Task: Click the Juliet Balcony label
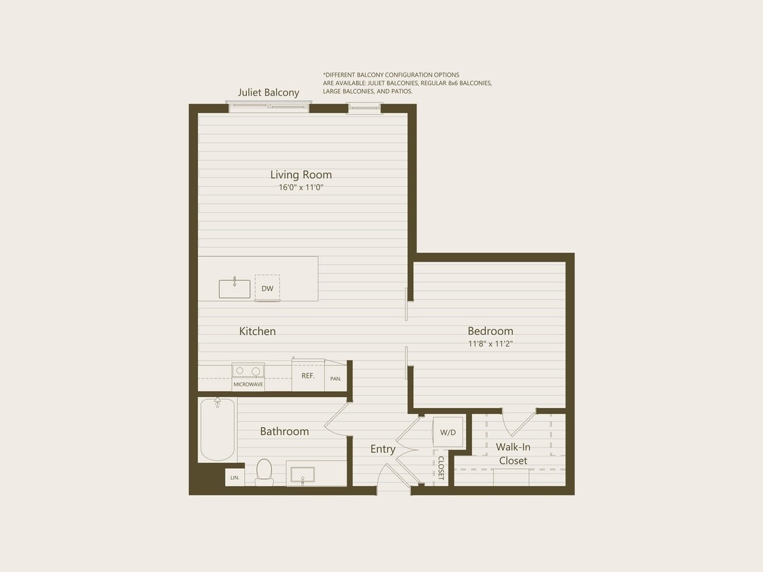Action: pos(269,93)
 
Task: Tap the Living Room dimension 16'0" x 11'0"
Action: pos(301,188)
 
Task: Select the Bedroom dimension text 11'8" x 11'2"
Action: pos(490,344)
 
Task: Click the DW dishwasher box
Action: pos(267,288)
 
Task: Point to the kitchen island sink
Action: pos(235,289)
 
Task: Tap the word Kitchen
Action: pos(258,331)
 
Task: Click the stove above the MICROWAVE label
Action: pos(248,371)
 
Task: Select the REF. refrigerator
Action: pos(308,375)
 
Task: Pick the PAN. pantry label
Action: pos(336,379)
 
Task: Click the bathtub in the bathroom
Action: pos(218,430)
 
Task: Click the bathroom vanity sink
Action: pos(302,474)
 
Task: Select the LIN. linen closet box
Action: pos(235,478)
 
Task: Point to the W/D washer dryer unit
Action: pos(448,432)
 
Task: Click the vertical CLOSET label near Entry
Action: pos(441,468)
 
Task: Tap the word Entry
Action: pos(383,449)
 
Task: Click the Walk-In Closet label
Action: pos(513,454)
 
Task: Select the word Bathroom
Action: pos(284,431)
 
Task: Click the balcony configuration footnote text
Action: pos(407,83)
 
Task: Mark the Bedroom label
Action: pos(490,331)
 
